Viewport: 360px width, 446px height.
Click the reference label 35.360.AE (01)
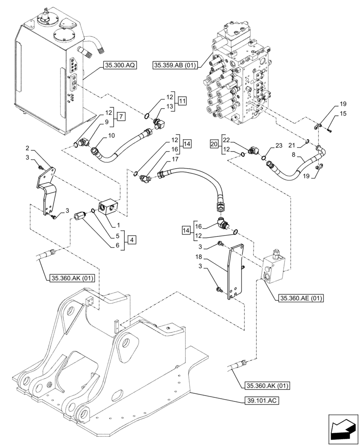[x=302, y=297]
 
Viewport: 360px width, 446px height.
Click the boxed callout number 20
[x=215, y=144]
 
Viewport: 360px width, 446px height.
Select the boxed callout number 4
[x=131, y=240]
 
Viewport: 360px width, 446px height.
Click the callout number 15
[x=342, y=114]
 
